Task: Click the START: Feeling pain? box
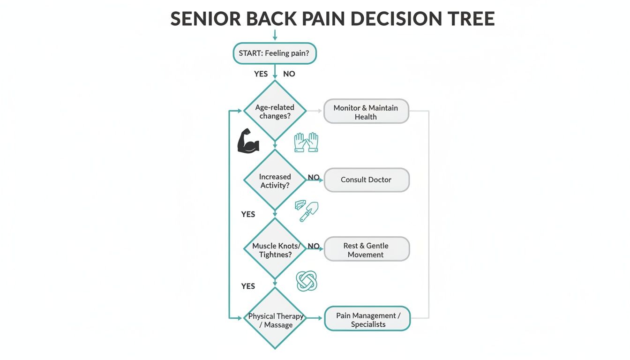[275, 53]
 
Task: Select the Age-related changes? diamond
[275, 112]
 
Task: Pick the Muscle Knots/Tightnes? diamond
[275, 249]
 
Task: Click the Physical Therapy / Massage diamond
[275, 320]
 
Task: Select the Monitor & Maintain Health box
[366, 112]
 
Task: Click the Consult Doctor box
[366, 180]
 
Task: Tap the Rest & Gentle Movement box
[366, 249]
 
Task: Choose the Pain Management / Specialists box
[367, 319]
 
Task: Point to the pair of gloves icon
[306, 142]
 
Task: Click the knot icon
[307, 280]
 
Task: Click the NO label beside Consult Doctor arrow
[314, 177]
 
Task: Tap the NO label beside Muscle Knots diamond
[314, 246]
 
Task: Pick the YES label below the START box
[261, 74]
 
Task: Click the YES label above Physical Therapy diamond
[248, 286]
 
